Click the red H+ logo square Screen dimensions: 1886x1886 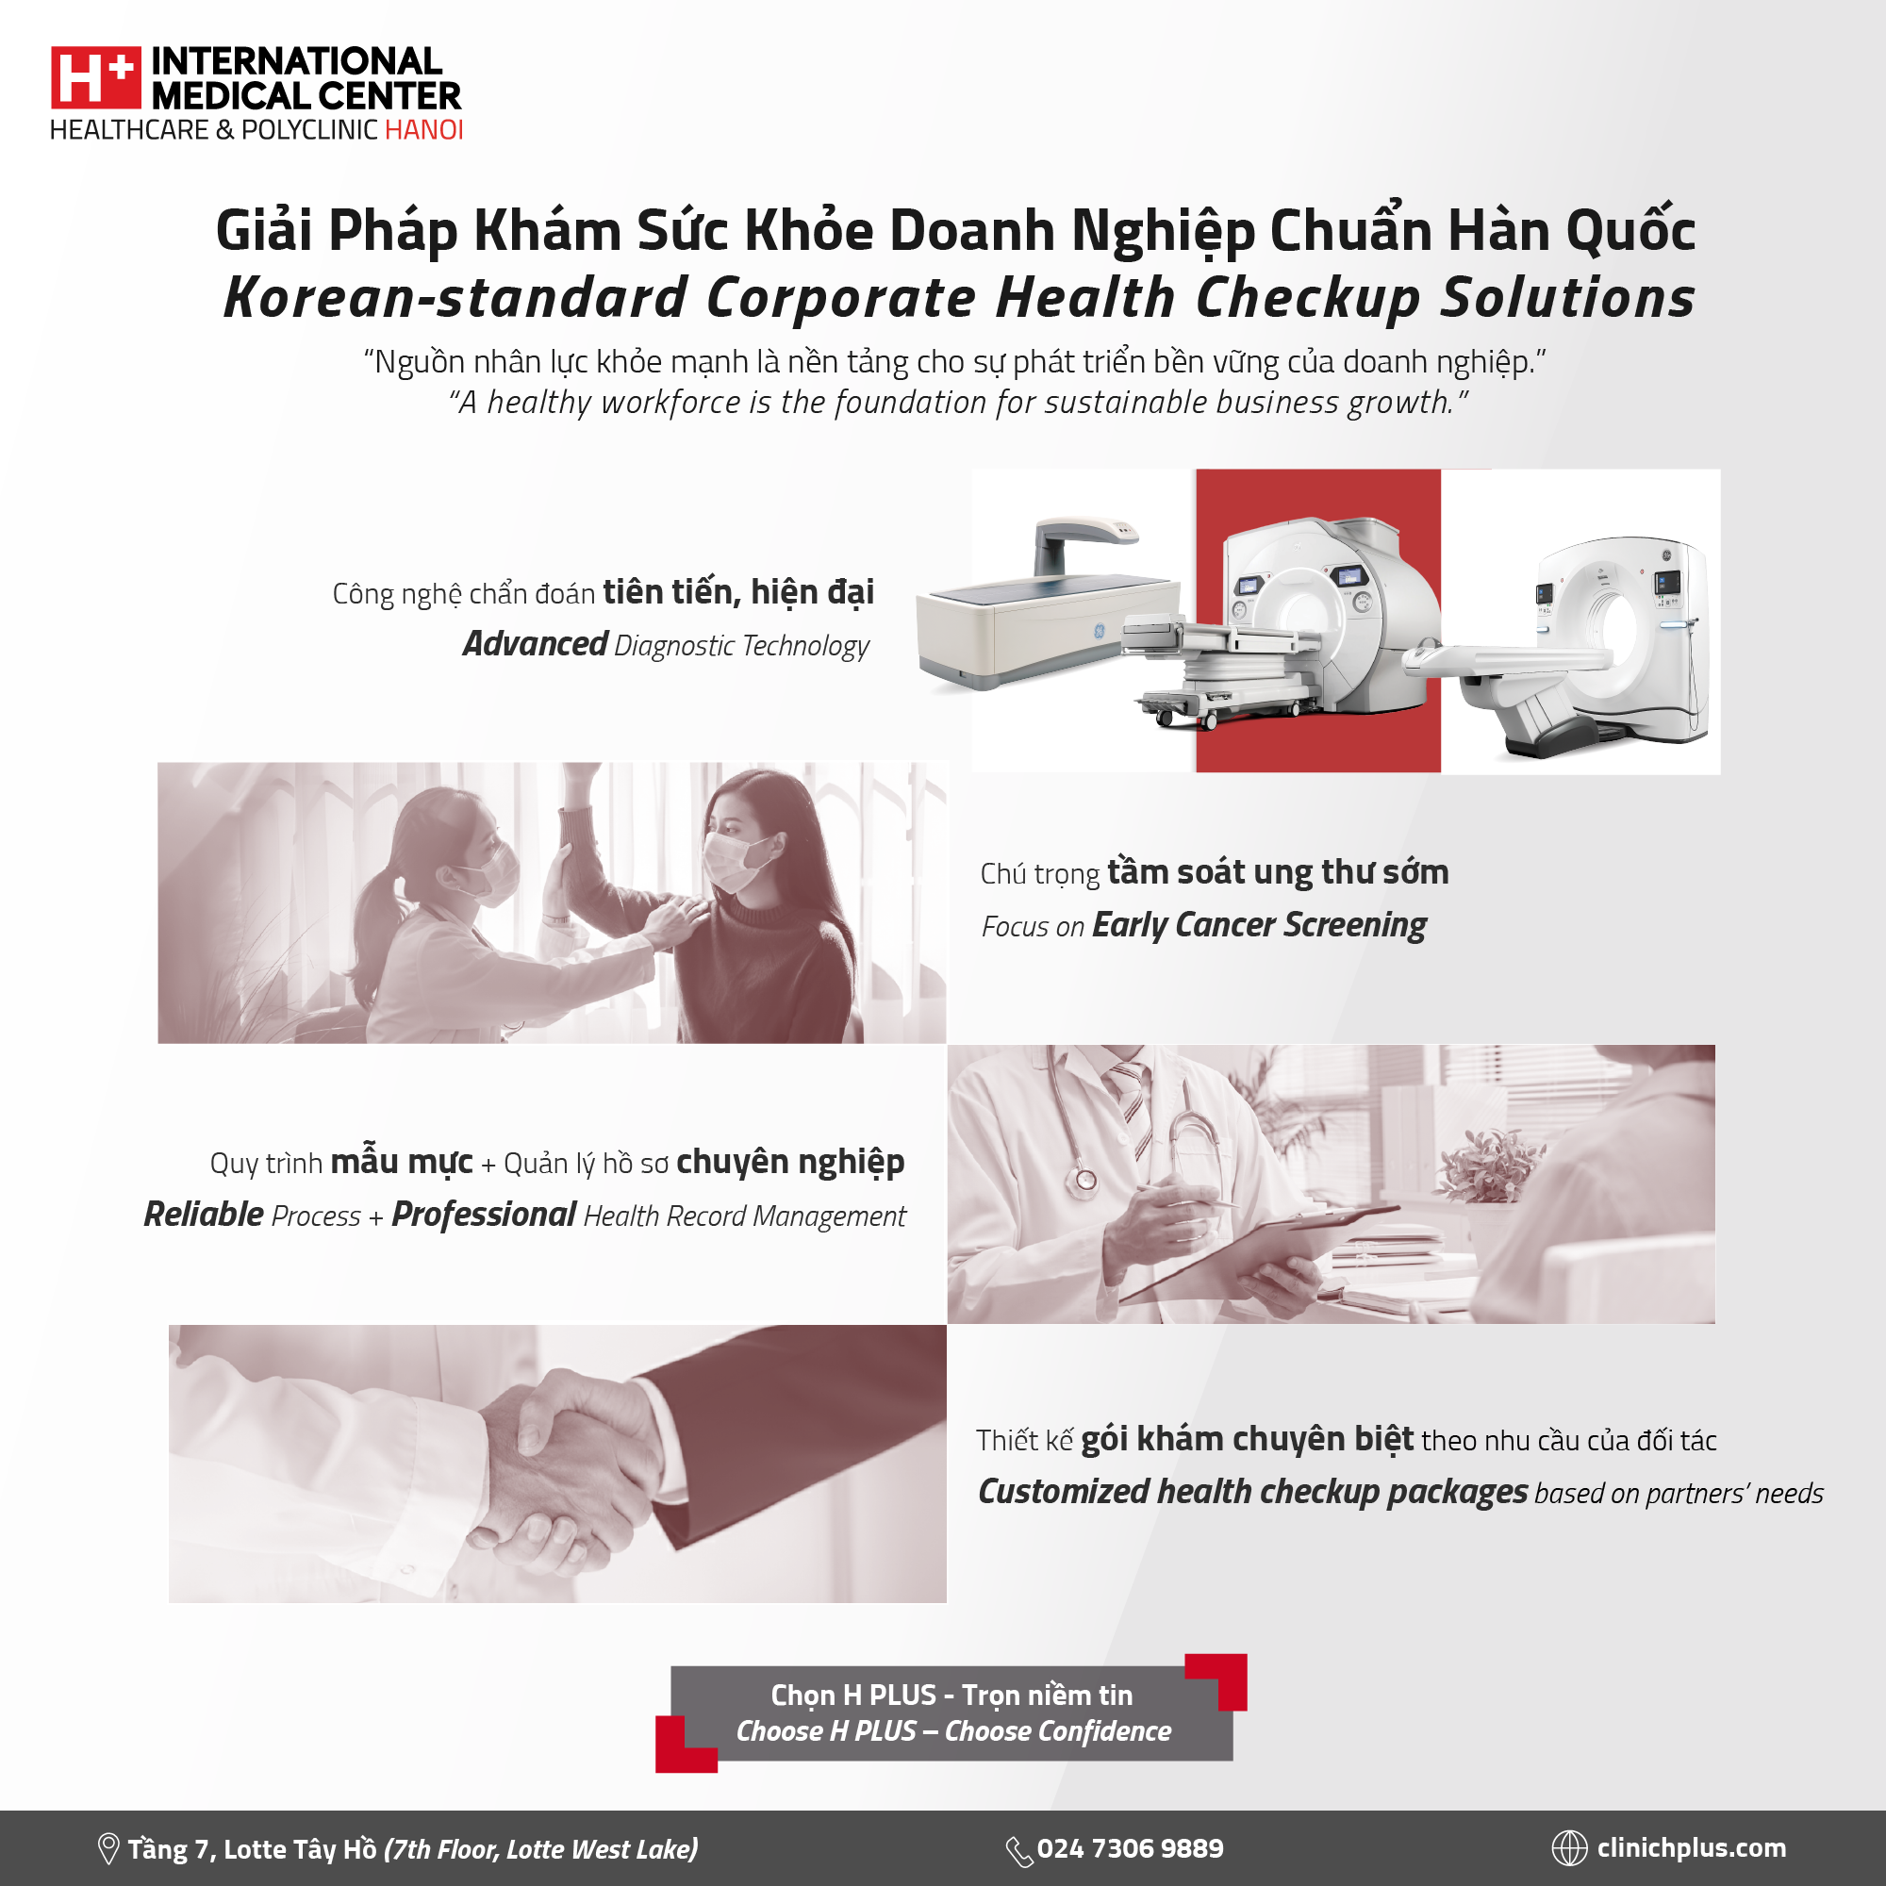point(96,77)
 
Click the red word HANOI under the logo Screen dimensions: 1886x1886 point(423,130)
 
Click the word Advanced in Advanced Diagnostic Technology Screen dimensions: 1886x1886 point(535,644)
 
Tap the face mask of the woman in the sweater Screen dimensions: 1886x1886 point(736,858)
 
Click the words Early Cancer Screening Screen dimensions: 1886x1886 point(1259,924)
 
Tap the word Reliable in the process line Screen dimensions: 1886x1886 point(204,1215)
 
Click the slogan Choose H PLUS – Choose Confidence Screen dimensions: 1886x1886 point(953,1730)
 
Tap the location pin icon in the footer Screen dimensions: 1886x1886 point(108,1849)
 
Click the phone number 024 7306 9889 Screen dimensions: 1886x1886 point(1131,1848)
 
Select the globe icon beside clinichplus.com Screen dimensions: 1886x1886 point(1570,1848)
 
